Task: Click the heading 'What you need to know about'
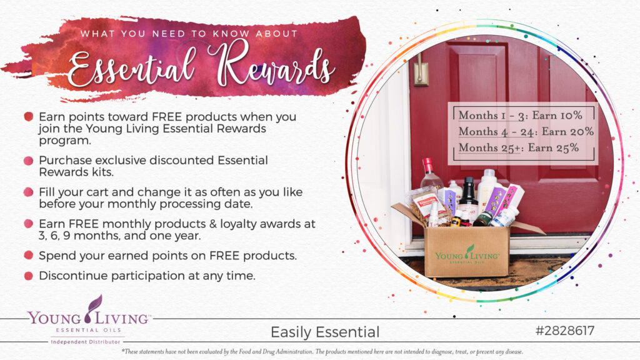pos(189,34)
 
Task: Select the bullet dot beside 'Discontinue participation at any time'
pos(28,276)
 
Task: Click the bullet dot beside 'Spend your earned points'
pos(28,256)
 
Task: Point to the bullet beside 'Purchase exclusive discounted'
pos(28,161)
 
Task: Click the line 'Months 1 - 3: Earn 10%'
pos(521,116)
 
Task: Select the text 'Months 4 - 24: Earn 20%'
pos(526,131)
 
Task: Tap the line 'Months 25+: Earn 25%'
pos(518,147)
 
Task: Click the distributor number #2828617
pos(565,331)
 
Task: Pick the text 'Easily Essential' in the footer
pos(325,332)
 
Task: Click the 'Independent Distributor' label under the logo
pos(86,342)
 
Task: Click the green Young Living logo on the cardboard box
pos(467,254)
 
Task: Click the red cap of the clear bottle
pos(427,165)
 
